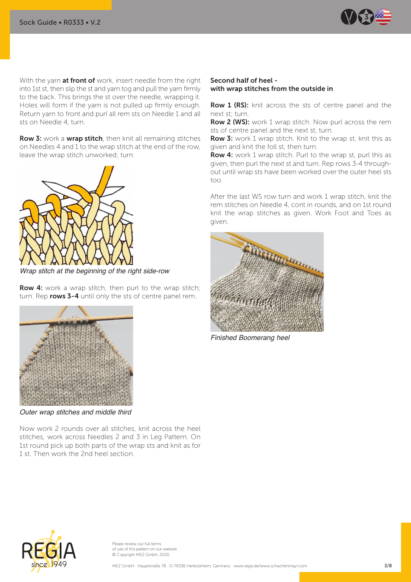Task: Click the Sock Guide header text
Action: [60, 22]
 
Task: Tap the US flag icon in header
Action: [383, 17]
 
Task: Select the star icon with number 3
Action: [366, 17]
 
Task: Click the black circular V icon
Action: [349, 17]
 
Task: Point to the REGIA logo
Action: [48, 551]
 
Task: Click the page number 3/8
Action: [388, 566]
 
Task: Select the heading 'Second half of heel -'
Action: [244, 80]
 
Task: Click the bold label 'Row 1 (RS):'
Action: [229, 105]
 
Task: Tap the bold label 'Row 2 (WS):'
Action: [230, 122]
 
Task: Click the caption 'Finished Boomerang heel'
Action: [250, 338]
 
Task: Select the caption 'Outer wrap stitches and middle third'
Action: [75, 412]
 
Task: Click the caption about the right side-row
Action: [94, 271]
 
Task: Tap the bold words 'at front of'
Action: [78, 81]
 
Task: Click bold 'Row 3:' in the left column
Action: [30, 139]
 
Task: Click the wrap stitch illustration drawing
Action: [76, 215]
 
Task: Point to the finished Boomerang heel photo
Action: [267, 282]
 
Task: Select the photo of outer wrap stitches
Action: [76, 356]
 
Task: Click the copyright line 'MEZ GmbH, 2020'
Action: [141, 555]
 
